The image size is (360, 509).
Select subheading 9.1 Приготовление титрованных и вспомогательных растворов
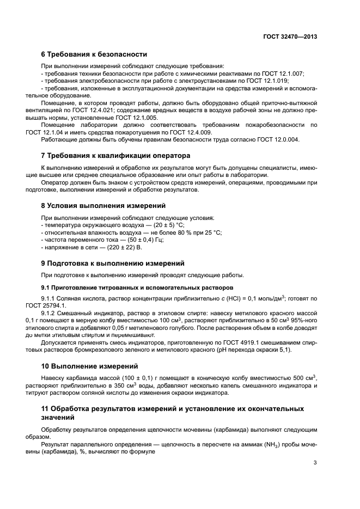pos(137,287)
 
